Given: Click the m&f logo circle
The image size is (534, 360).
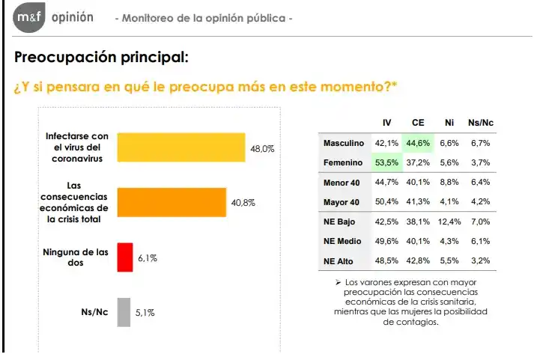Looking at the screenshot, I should (x=30, y=17).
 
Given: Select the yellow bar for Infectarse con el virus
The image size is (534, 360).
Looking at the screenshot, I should (x=181, y=148).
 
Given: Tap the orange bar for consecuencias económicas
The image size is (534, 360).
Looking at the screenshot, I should (x=172, y=203).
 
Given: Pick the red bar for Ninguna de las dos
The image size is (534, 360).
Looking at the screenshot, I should (x=124, y=257).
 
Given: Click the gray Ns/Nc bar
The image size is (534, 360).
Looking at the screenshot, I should (x=124, y=312).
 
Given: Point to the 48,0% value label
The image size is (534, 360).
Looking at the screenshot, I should (x=262, y=149).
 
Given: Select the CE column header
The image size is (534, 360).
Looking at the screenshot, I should (x=418, y=123).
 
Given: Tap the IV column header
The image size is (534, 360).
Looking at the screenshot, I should (x=386, y=123).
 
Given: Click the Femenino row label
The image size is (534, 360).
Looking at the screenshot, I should (x=343, y=162).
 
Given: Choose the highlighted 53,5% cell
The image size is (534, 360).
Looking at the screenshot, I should (x=386, y=162).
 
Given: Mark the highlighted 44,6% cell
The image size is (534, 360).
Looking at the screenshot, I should (x=418, y=143).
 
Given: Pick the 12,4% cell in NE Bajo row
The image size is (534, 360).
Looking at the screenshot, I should (x=449, y=222).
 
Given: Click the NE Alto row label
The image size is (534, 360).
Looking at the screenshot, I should (x=344, y=261).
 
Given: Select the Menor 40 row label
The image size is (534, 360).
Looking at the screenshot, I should (x=342, y=182).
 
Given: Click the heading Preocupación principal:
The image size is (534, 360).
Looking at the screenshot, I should (x=101, y=57).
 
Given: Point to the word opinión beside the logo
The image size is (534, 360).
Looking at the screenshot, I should (x=73, y=17).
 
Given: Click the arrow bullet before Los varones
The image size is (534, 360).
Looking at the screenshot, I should (x=338, y=282).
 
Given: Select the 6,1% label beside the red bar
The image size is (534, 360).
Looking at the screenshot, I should (x=147, y=257).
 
